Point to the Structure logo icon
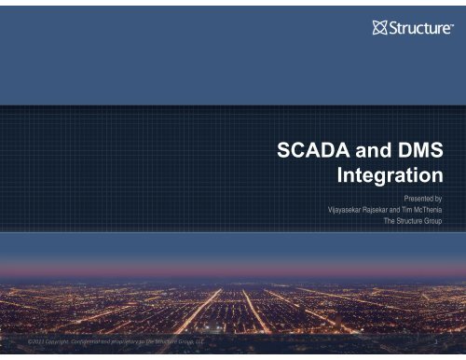(379, 26)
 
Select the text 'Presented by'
(418, 198)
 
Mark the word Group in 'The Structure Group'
(430, 222)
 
